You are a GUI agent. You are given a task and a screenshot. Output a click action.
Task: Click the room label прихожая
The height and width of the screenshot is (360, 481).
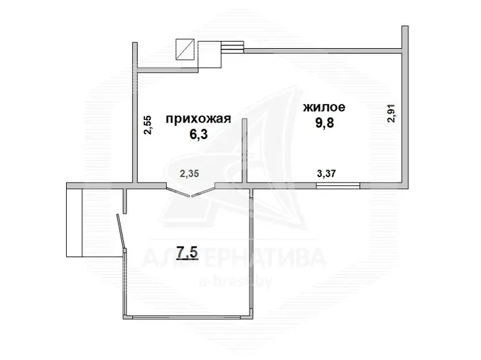[x=198, y=119]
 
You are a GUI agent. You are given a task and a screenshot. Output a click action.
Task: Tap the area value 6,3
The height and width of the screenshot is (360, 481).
[x=199, y=134]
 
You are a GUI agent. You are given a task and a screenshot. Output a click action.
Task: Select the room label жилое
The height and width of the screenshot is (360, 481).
[x=325, y=107]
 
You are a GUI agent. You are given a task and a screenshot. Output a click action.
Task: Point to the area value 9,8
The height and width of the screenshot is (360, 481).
[x=325, y=123]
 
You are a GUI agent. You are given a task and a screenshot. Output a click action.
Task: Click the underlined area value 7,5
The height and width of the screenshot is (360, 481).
[x=187, y=253]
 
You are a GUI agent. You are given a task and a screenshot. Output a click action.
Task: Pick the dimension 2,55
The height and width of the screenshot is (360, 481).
[x=148, y=124]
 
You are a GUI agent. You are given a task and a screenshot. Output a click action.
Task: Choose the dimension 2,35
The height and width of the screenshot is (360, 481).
[x=189, y=174]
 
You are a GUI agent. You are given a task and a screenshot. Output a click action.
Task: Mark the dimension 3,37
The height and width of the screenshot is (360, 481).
[x=326, y=173]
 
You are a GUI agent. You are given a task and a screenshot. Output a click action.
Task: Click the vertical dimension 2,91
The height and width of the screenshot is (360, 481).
[x=392, y=113]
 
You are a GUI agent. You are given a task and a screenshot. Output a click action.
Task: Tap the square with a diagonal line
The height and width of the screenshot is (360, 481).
[x=185, y=49]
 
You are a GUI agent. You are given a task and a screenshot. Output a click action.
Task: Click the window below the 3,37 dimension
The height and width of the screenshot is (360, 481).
[x=338, y=185]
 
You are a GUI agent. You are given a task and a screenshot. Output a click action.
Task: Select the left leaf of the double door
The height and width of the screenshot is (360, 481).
[x=178, y=191]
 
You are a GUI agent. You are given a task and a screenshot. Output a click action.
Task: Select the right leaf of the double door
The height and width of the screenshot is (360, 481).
[x=203, y=191]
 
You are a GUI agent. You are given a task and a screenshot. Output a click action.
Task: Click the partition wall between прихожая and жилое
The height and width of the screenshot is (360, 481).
[x=244, y=151]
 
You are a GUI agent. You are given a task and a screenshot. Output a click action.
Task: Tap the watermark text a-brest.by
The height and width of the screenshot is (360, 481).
[x=235, y=282]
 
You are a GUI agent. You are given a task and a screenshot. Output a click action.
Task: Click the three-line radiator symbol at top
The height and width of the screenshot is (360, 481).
[x=233, y=47]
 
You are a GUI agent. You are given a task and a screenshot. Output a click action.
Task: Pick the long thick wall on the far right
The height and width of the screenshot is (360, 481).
[x=405, y=107]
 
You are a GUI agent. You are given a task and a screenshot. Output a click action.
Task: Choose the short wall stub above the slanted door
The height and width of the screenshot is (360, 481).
[x=124, y=201]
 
